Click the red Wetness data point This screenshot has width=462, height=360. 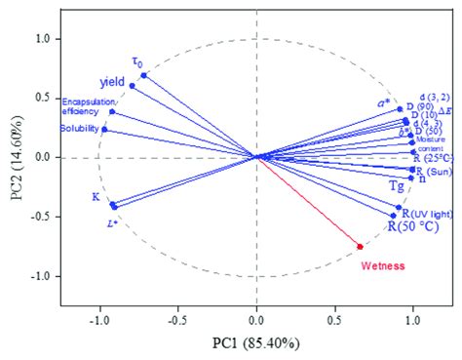[x=361, y=246]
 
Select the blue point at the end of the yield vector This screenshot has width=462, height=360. [x=133, y=86]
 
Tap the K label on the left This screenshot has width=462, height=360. [x=96, y=197]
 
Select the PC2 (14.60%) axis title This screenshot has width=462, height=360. [x=14, y=158]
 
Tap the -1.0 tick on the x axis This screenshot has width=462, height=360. [x=98, y=317]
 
